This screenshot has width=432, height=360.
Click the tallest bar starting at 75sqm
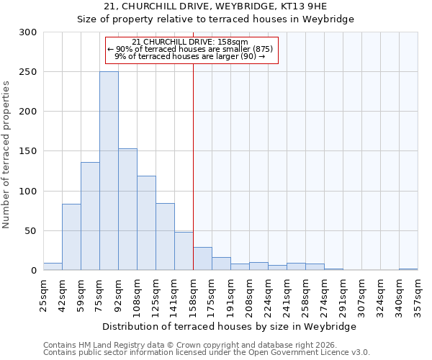[109, 171]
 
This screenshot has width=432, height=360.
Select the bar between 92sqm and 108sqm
[127, 209]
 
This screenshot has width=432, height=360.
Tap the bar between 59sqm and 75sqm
[90, 216]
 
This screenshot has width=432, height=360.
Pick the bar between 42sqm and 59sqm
[71, 237]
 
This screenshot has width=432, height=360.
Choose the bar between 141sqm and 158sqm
[184, 251]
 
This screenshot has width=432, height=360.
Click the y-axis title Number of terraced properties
[6, 154]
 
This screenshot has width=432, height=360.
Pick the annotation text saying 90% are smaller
[191, 49]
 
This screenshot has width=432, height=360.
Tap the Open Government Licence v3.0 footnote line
[206, 353]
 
